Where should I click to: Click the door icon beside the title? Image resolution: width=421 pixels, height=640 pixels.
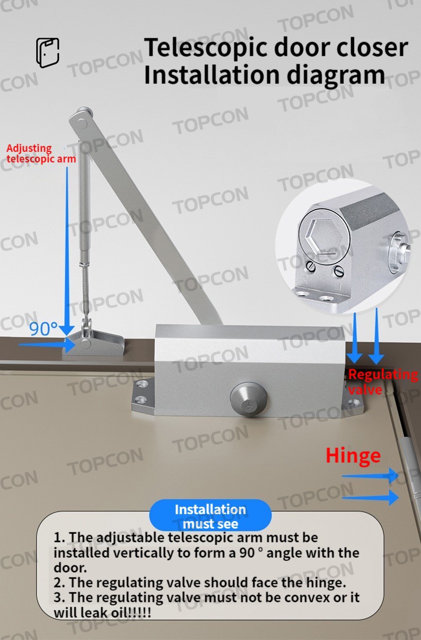click(x=48, y=53)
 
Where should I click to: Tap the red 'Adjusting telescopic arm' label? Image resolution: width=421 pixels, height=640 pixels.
click(x=41, y=153)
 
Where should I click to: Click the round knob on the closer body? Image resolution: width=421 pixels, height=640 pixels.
click(x=244, y=396)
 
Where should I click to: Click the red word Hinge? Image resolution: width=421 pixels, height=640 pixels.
click(x=353, y=455)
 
